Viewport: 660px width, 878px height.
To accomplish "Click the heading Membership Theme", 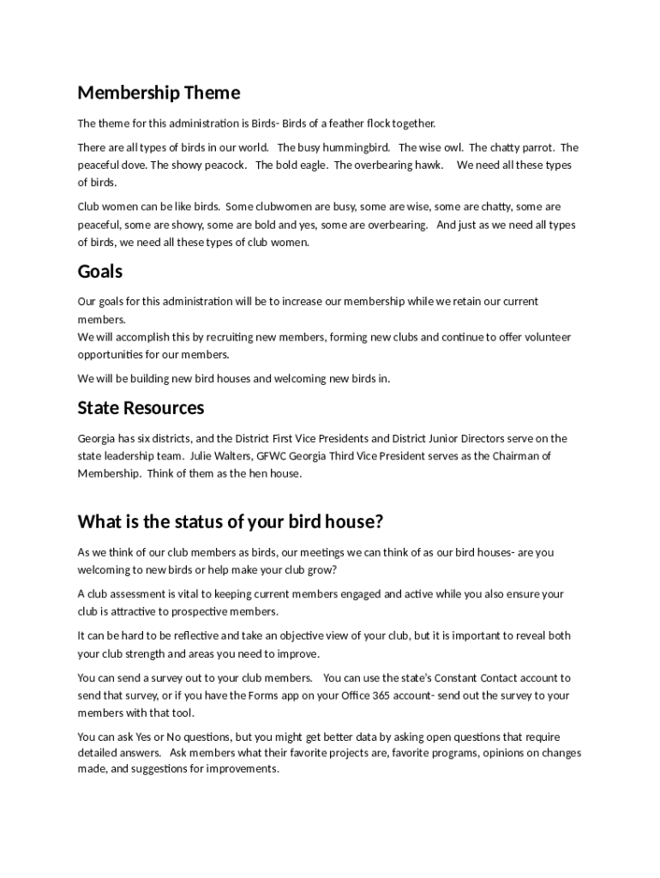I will pos(159,93).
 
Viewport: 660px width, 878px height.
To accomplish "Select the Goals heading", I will pos(100,272).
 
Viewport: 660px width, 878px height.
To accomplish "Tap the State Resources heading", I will pos(141,407).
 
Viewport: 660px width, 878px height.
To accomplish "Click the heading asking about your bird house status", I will pos(230,522).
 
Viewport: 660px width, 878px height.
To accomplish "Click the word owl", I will pos(453,147).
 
